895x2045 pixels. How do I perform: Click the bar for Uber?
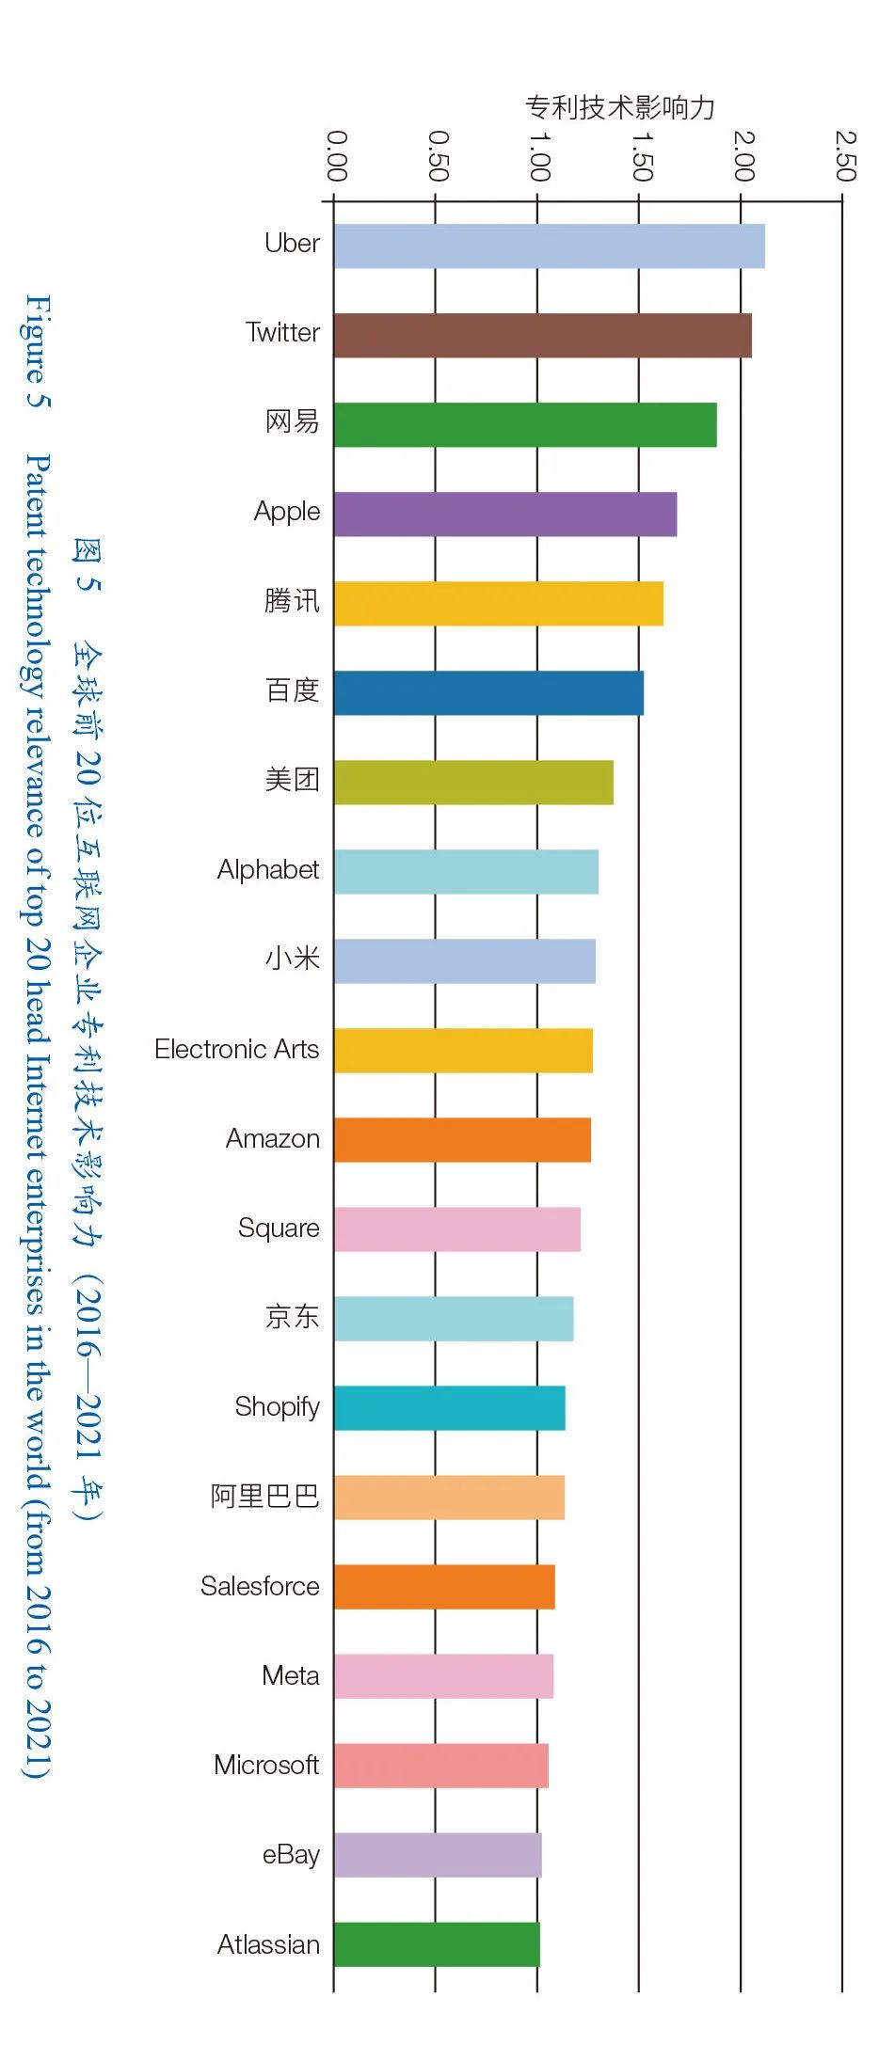549,246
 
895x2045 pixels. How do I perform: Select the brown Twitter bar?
542,336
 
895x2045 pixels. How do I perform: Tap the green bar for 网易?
524,425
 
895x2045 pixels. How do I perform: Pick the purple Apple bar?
504,515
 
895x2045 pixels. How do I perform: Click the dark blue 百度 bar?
488,693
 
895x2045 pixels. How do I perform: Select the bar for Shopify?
449,1408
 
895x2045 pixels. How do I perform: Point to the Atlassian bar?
437,1944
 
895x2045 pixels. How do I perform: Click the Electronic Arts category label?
237,1049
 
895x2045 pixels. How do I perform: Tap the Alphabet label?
268,869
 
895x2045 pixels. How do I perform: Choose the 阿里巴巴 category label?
265,1496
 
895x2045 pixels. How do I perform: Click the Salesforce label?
260,1586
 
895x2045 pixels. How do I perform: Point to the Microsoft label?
266,1765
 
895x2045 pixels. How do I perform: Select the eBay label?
291,1854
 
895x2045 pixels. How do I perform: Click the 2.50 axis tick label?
845,156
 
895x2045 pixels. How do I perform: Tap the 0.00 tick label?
336,156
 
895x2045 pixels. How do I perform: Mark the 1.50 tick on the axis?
641,156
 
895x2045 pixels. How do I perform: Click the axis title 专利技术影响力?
620,107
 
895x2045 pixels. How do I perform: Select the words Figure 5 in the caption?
38,351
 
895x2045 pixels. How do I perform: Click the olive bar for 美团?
473,783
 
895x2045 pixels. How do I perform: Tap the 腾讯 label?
292,600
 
